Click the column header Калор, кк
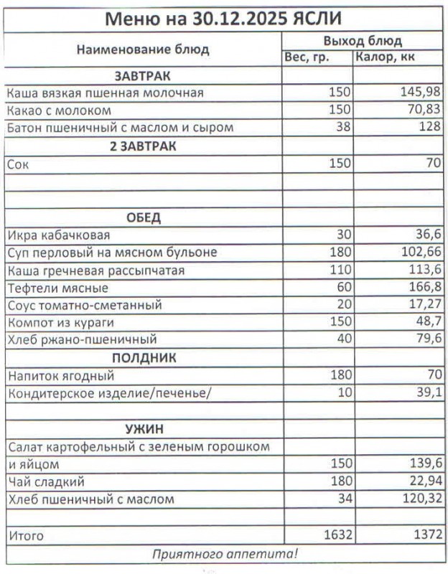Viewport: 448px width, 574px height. point(386,57)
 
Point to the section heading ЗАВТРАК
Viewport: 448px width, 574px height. point(143,75)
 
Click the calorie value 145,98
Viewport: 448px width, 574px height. point(420,93)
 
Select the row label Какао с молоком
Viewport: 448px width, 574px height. point(59,110)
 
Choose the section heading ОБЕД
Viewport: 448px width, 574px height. point(143,217)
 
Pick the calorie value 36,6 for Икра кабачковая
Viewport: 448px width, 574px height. point(426,235)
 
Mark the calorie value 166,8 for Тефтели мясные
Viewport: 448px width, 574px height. point(424,288)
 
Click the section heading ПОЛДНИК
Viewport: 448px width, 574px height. point(143,358)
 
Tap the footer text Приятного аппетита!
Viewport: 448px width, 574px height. point(224,554)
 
